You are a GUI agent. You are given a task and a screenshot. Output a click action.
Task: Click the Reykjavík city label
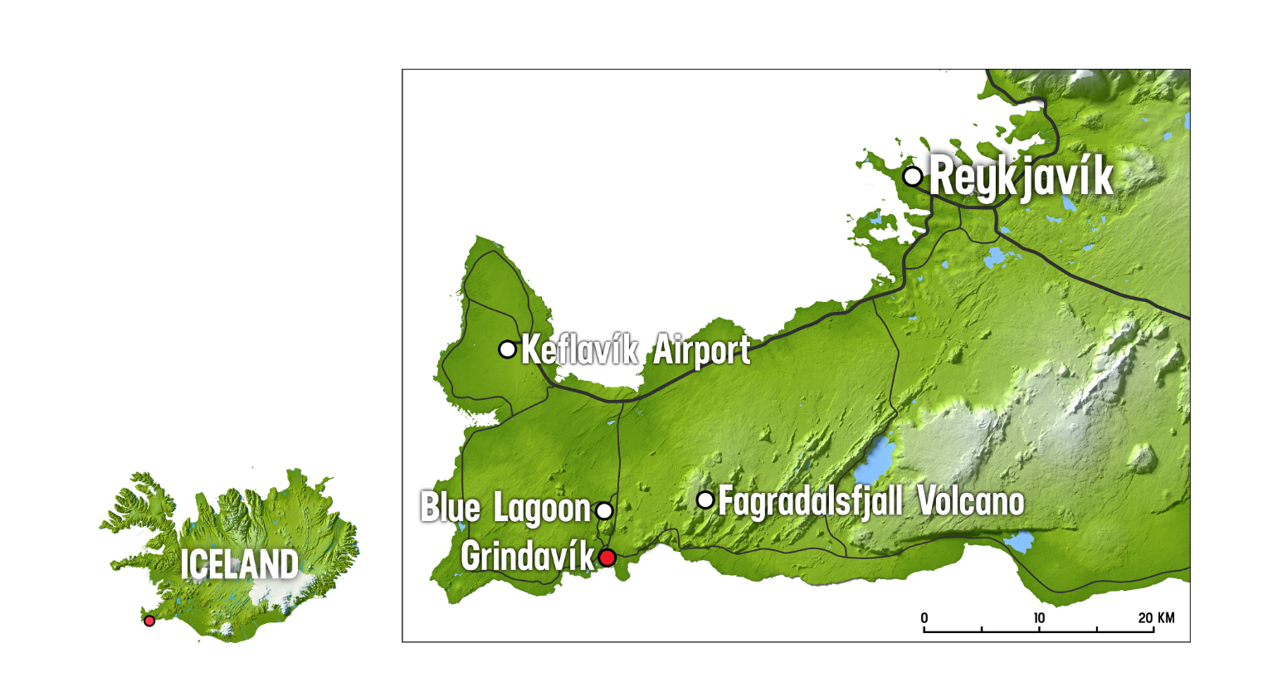pyautogui.click(x=1021, y=178)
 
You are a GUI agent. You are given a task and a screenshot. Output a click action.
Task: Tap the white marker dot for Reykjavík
pyautogui.click(x=912, y=176)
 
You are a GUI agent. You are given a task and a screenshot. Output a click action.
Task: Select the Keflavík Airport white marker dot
pyautogui.click(x=507, y=349)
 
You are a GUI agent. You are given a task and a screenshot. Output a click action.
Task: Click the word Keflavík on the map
pyautogui.click(x=579, y=350)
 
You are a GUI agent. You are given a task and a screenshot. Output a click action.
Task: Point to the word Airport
pyautogui.click(x=701, y=351)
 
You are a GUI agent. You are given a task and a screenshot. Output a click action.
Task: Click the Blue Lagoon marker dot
pyautogui.click(x=604, y=510)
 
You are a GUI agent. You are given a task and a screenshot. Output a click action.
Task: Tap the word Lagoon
pyautogui.click(x=542, y=509)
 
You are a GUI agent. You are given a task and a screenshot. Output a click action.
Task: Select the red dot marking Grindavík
pyautogui.click(x=607, y=558)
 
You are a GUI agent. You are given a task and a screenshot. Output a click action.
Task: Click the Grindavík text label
pyautogui.click(x=528, y=557)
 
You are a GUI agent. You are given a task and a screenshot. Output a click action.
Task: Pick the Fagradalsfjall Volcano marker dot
pyautogui.click(x=705, y=499)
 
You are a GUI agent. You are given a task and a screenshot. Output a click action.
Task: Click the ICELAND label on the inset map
pyautogui.click(x=239, y=565)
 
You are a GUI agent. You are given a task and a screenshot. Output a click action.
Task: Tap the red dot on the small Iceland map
pyautogui.click(x=149, y=621)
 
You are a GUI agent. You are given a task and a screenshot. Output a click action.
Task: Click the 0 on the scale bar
pyautogui.click(x=924, y=618)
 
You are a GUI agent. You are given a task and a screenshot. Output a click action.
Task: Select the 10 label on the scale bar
pyautogui.click(x=1039, y=618)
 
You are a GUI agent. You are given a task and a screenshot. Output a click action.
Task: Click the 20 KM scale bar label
pyautogui.click(x=1156, y=618)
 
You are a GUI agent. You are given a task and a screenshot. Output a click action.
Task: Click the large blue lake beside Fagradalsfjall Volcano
pyautogui.click(x=879, y=453)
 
